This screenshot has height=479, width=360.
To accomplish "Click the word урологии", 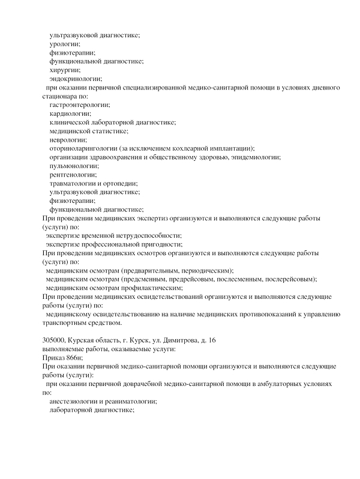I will click(64, 44).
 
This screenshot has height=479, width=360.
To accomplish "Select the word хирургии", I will click(65, 70).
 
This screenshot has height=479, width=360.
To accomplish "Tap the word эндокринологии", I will click(76, 79).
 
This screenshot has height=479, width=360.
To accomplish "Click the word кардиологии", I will click(70, 113).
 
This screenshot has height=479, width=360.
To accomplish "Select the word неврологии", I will click(68, 140).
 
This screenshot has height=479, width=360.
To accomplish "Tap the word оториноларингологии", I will click(83, 148).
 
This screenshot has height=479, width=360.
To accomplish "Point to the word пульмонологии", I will click(74, 166).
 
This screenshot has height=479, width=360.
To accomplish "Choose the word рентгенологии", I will click(73, 175).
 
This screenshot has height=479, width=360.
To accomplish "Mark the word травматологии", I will click(74, 183).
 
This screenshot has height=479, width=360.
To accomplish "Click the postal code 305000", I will click(56, 340).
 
